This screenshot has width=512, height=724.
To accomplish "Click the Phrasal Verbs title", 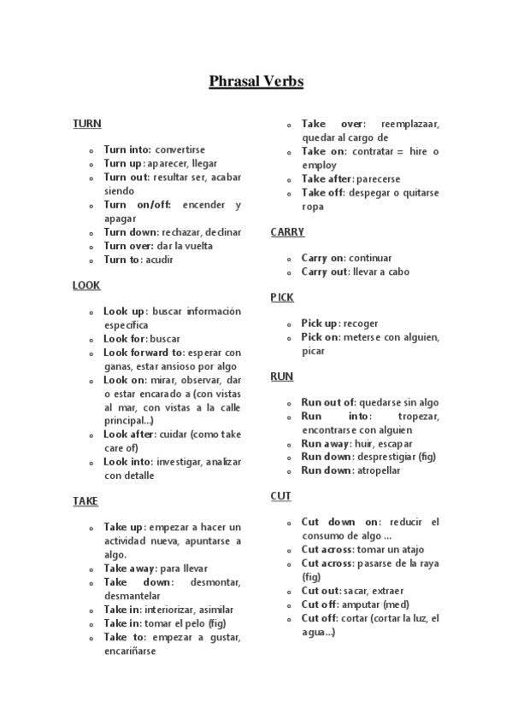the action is pyautogui.click(x=256, y=82).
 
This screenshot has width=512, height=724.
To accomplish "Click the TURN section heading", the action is pyautogui.click(x=87, y=124).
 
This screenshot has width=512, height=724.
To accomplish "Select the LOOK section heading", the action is pyautogui.click(x=87, y=286).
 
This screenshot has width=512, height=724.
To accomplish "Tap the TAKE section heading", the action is pyautogui.click(x=85, y=501).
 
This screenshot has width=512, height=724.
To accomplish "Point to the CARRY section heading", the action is pyautogui.click(x=287, y=232).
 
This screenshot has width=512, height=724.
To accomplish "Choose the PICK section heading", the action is pyautogui.click(x=282, y=298).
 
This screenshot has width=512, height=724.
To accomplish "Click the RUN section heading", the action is pyautogui.click(x=281, y=377).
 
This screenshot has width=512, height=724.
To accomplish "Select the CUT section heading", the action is pyautogui.click(x=280, y=495).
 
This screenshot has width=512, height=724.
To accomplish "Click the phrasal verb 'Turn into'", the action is pyautogui.click(x=127, y=149).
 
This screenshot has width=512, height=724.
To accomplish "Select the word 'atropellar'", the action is pyautogui.click(x=378, y=470).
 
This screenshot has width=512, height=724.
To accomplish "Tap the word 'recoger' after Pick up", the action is pyautogui.click(x=360, y=324).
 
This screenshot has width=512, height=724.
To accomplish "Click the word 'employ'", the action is pyautogui.click(x=319, y=165).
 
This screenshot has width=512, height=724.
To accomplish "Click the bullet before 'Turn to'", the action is pyautogui.click(x=91, y=260).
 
